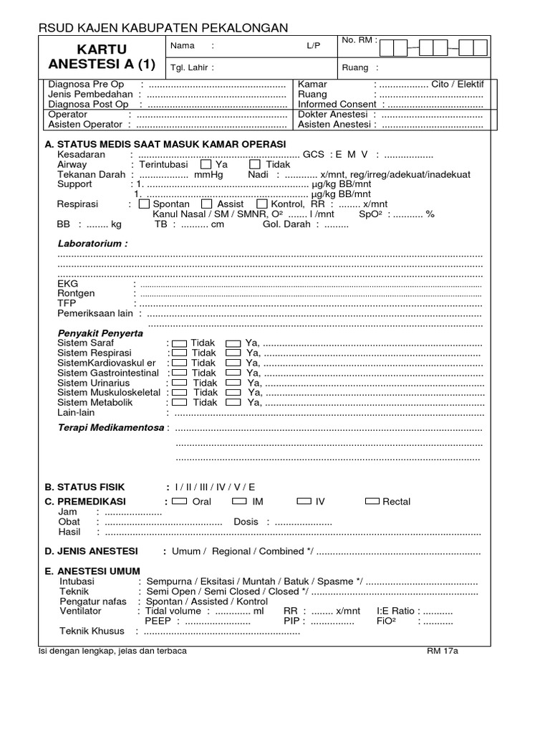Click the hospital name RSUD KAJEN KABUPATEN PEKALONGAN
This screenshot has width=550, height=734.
click(x=163, y=27)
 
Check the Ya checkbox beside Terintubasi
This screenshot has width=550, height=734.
click(x=206, y=164)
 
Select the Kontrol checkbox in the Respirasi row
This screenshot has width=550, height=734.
click(x=261, y=204)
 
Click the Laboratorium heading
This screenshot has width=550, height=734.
click(x=92, y=244)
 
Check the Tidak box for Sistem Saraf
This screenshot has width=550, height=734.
click(x=180, y=343)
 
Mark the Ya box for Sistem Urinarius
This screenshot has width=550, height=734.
click(x=233, y=383)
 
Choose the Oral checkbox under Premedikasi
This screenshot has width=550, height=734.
click(x=180, y=502)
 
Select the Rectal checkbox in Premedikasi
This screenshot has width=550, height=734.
click(x=372, y=502)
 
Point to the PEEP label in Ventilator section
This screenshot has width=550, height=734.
click(x=158, y=621)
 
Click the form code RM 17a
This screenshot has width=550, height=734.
click(x=442, y=651)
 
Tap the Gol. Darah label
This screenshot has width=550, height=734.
click(x=286, y=224)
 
